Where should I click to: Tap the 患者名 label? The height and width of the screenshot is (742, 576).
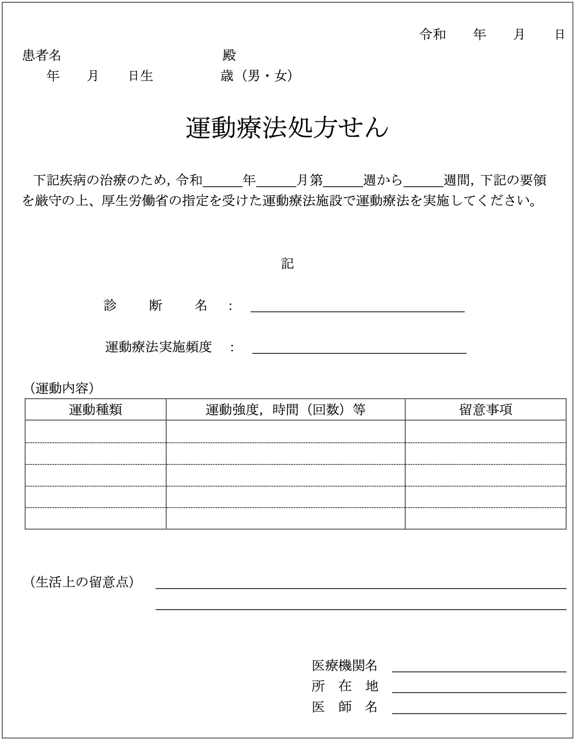[42, 55]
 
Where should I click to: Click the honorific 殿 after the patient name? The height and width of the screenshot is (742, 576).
[229, 55]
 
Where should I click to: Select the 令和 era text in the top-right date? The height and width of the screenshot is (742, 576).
[432, 34]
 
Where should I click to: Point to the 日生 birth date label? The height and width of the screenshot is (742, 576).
[141, 76]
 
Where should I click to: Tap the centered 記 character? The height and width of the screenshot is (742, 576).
[287, 263]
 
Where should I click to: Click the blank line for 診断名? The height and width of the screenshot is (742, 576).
[357, 307]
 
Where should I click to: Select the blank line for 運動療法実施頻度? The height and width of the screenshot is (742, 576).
[359, 349]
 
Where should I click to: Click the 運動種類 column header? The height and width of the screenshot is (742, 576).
[96, 410]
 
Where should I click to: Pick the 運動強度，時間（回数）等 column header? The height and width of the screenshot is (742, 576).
[286, 410]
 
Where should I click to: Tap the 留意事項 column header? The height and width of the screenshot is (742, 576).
[486, 410]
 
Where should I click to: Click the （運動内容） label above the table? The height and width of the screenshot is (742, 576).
[62, 388]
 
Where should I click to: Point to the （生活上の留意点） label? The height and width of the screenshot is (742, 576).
[82, 582]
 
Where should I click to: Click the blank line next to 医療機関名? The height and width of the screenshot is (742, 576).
[479, 667]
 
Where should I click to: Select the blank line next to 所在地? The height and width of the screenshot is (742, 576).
[479, 688]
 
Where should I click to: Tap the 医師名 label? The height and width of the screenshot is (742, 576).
[345, 707]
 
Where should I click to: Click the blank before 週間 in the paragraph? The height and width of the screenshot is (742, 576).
[423, 181]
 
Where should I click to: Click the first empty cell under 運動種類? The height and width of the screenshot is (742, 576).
[96, 431]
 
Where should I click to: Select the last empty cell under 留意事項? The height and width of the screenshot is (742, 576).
[486, 519]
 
